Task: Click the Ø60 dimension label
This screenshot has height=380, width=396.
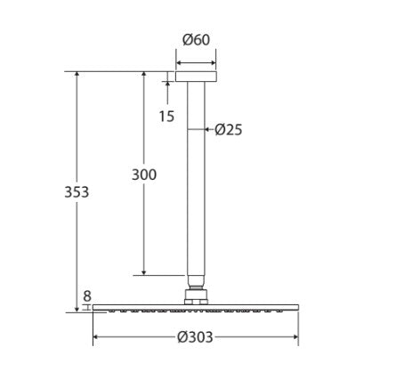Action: point(196,41)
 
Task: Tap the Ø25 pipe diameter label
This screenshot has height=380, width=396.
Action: point(229,129)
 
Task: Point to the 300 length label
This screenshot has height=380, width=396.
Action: point(142,174)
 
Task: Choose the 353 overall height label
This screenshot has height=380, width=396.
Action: point(77,191)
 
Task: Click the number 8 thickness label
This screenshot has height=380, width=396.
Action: point(87,296)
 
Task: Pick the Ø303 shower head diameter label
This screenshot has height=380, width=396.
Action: point(195,338)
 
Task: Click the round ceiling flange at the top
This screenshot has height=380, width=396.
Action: point(196,77)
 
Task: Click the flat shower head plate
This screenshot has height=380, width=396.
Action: point(195,309)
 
